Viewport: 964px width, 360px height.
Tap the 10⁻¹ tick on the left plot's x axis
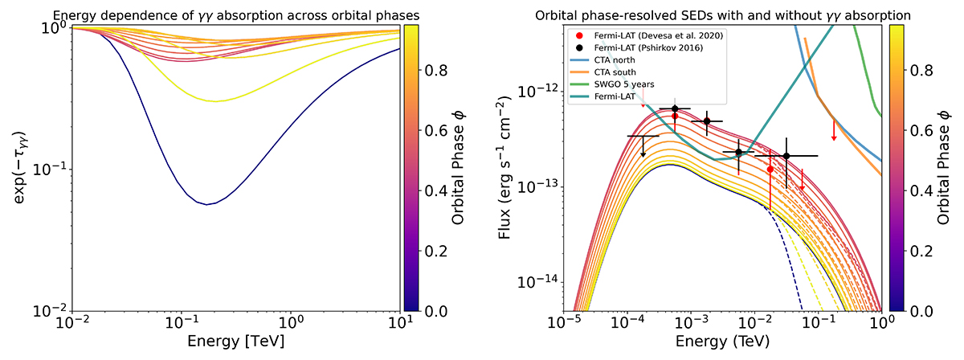tap(182, 322)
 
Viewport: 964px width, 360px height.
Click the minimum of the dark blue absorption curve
tap(207, 204)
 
